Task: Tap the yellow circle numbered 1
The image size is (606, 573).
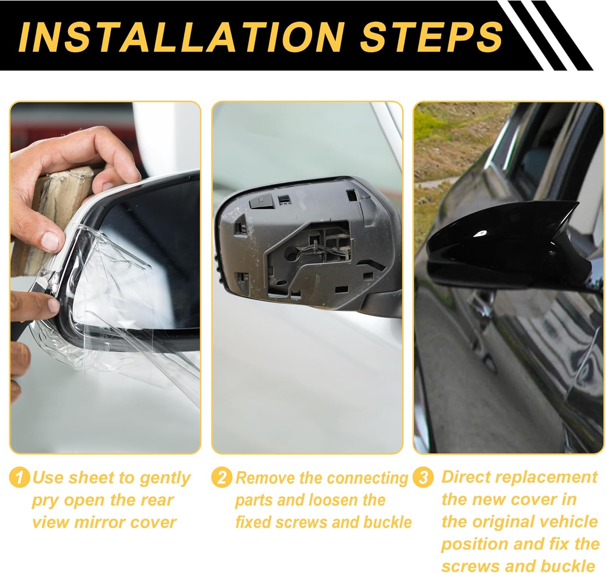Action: coord(19,478)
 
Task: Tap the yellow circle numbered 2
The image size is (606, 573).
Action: coord(222,478)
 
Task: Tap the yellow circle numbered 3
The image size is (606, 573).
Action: coord(423,478)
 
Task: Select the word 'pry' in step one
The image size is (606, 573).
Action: coord(46,501)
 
